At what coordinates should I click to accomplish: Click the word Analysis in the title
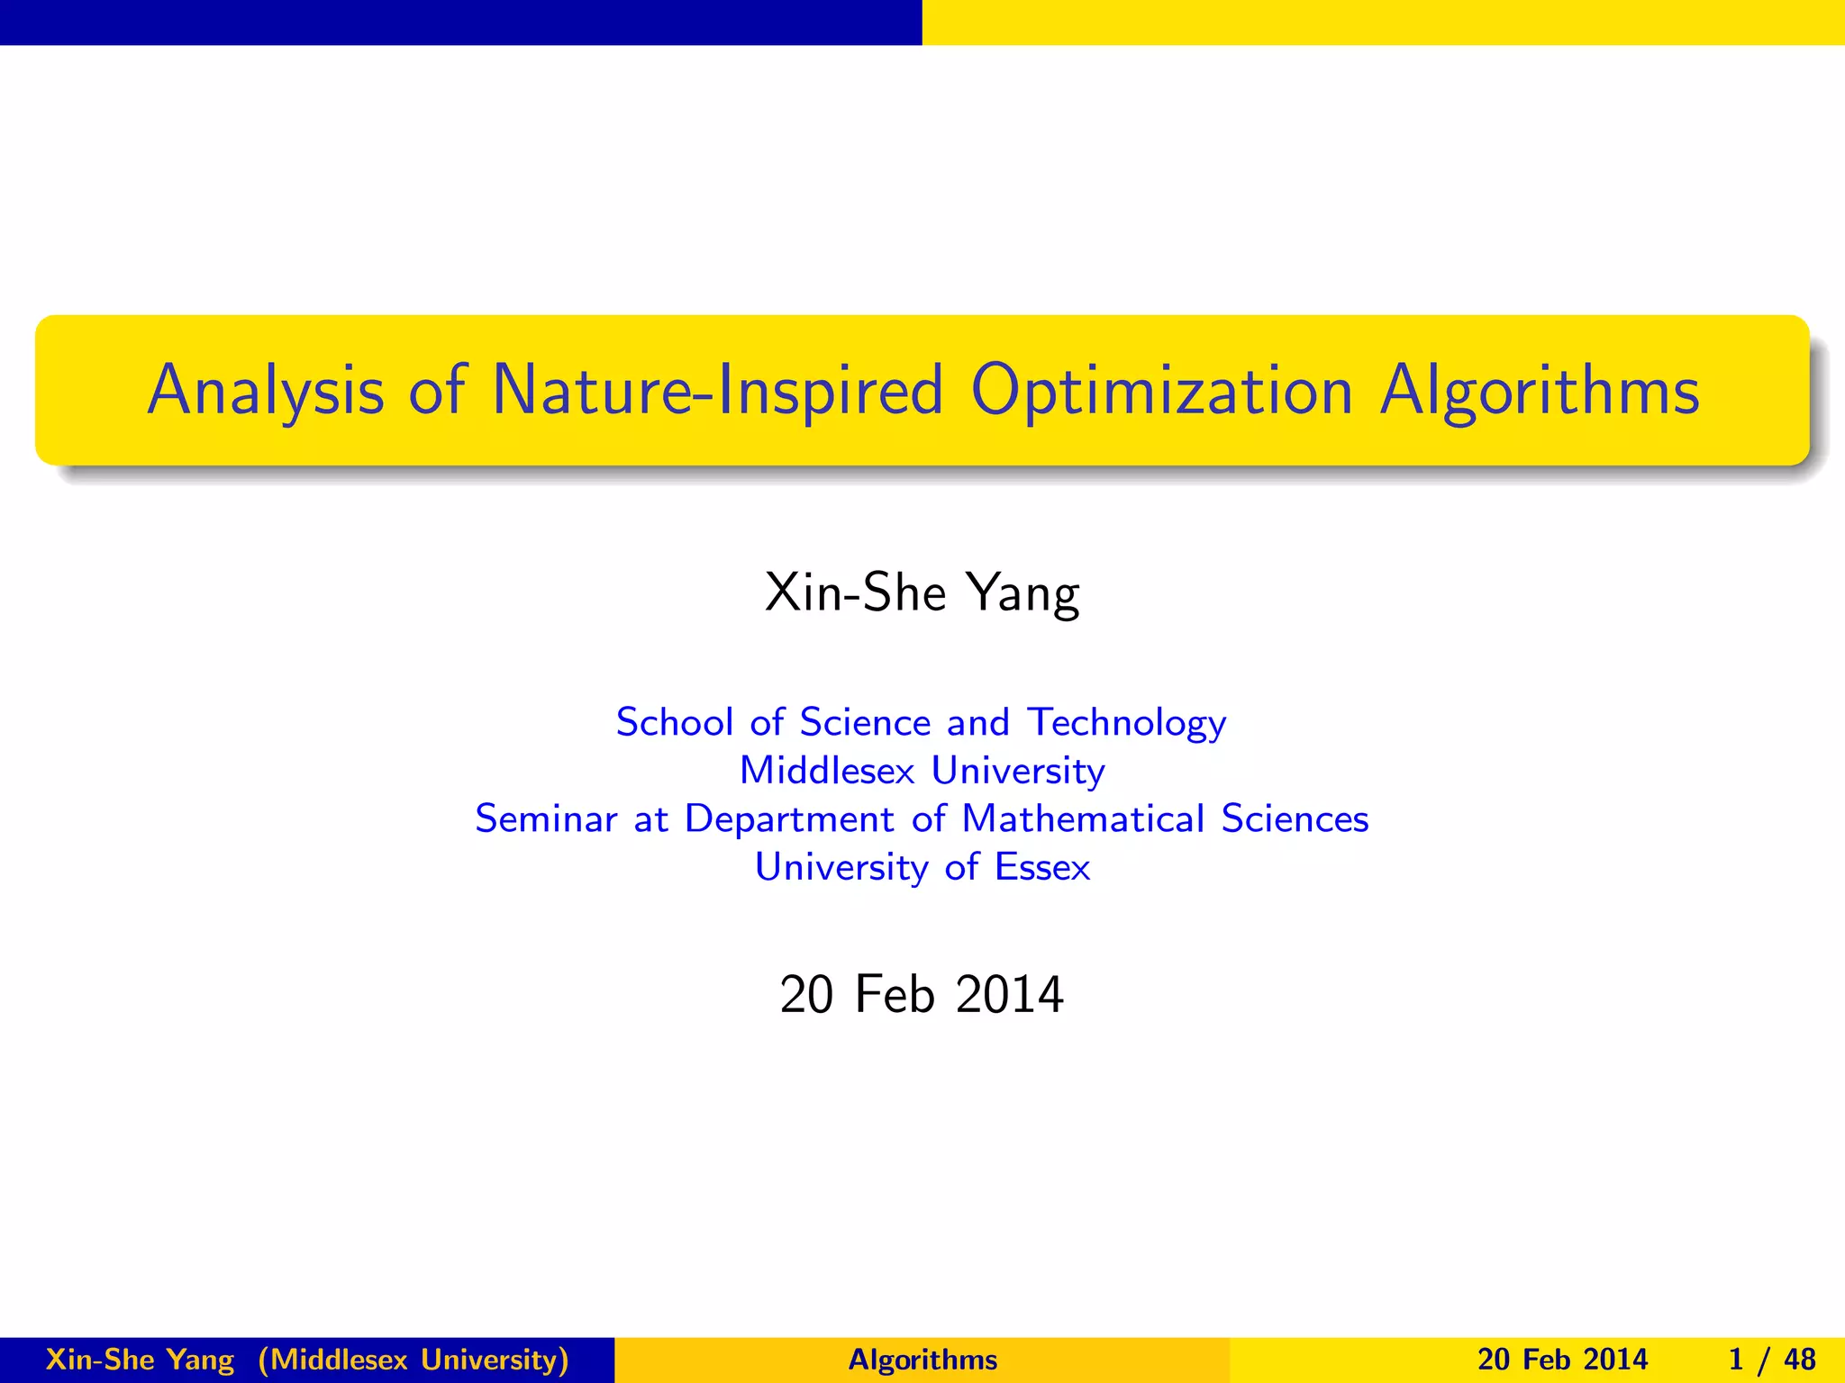tap(265, 392)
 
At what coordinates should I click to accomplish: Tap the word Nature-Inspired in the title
tap(717, 392)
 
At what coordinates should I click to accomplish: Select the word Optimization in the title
tap(1161, 392)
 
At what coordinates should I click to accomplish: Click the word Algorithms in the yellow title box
tap(1540, 392)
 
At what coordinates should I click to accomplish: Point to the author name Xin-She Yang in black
tap(922, 593)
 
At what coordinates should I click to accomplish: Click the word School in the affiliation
tap(674, 722)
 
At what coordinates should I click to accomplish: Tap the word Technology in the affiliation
tap(1126, 722)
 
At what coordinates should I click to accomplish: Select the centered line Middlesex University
tap(922, 771)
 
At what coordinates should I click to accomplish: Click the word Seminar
tap(546, 818)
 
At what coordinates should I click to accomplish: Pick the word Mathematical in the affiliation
tap(1083, 818)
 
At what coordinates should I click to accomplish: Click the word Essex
tap(1041, 867)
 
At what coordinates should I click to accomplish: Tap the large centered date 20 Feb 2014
tap(922, 995)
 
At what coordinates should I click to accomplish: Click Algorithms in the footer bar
tap(922, 1360)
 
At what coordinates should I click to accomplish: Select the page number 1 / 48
tap(1771, 1360)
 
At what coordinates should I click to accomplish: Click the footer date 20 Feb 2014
tap(1562, 1360)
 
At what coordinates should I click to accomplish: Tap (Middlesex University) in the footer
tap(414, 1360)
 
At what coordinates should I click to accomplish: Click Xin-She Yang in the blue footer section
tap(140, 1360)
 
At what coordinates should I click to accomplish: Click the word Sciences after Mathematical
tap(1295, 818)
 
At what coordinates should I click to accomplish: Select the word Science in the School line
tap(865, 722)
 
